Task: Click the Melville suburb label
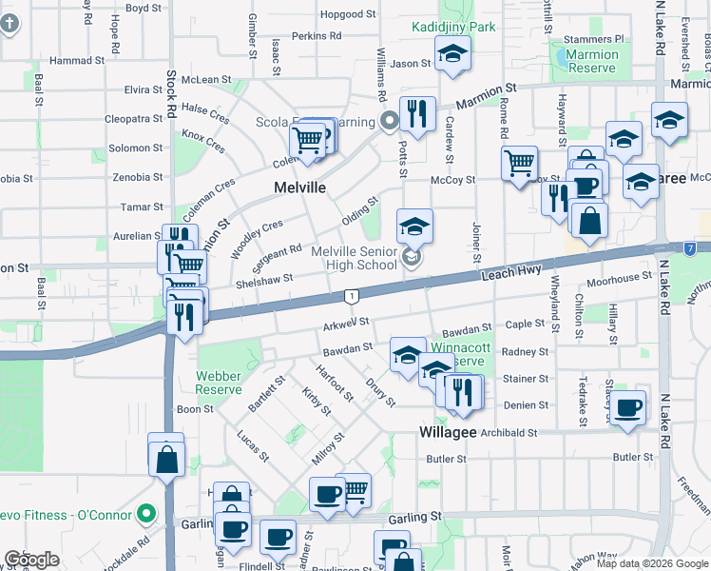[299, 187]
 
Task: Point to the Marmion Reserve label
[591, 62]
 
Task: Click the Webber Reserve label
[219, 383]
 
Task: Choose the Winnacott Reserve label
[458, 354]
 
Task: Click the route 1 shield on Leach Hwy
[352, 297]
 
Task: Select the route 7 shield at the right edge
[688, 248]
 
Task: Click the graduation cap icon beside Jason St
[452, 56]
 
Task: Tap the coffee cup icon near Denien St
[626, 408]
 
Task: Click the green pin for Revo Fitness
[145, 515]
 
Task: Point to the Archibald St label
[509, 433]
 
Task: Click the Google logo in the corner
[31, 560]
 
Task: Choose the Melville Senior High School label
[355, 258]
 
